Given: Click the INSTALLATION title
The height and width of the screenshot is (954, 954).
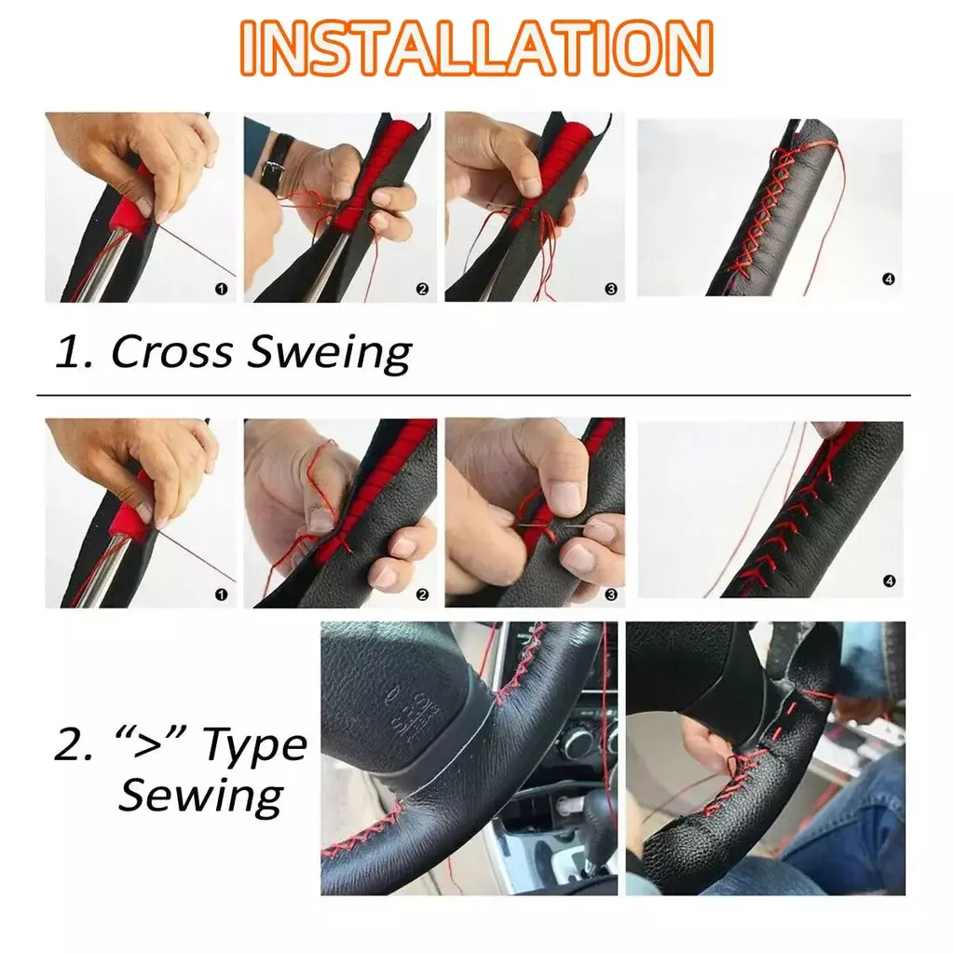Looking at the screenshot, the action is click(x=476, y=48).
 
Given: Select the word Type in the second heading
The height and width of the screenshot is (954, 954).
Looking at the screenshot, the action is click(x=255, y=746).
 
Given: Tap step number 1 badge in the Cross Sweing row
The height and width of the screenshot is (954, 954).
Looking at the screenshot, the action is click(x=221, y=289).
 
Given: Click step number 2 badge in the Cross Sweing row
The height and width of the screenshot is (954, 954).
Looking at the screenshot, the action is click(x=422, y=289).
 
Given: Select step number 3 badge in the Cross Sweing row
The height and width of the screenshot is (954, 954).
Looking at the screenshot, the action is click(x=611, y=289).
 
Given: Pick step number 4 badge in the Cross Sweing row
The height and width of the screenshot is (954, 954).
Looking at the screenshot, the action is click(x=888, y=279).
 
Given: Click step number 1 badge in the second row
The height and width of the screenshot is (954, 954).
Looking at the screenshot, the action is click(x=221, y=594).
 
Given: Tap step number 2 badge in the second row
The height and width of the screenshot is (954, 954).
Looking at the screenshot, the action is click(x=422, y=594).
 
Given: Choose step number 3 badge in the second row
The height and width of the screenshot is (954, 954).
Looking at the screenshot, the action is click(x=611, y=594).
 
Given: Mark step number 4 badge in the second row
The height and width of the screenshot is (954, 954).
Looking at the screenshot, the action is click(x=889, y=581).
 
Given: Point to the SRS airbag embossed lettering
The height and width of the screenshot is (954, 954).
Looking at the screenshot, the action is click(x=416, y=716).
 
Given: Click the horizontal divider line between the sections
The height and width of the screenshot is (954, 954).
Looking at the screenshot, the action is click(x=473, y=395).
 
